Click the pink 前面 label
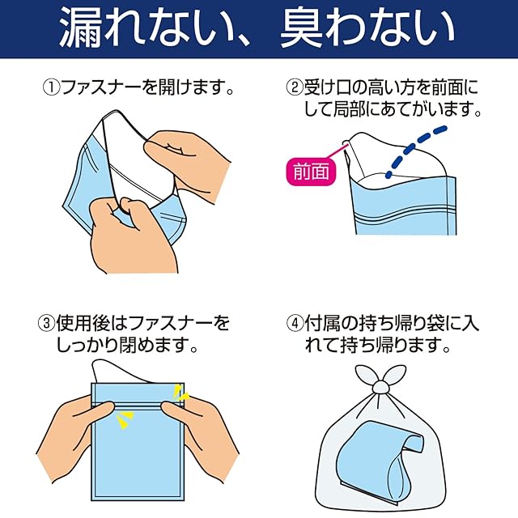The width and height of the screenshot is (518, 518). (311, 172)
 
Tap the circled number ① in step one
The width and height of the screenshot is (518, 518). (51, 87)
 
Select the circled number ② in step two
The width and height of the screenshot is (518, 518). (295, 87)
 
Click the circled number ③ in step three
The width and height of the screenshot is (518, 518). (47, 324)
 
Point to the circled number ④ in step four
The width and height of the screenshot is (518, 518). (295, 324)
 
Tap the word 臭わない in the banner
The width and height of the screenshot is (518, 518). (367, 28)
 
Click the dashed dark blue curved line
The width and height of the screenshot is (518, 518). (416, 151)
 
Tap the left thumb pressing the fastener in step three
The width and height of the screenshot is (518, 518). (99, 410)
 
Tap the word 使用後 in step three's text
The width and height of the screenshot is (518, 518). (83, 324)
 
